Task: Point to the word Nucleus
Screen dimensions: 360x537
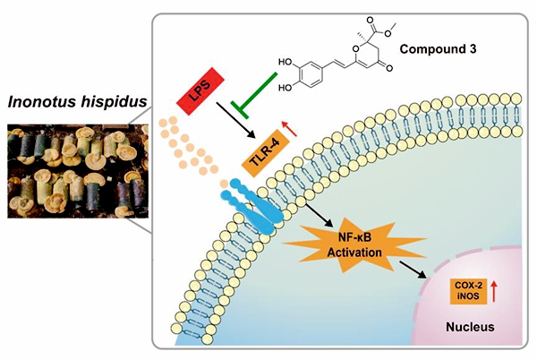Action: (x=470, y=327)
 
